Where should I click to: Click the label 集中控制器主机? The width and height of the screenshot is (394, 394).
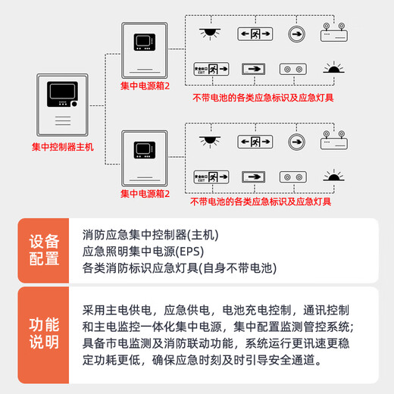pyautogui.click(x=63, y=146)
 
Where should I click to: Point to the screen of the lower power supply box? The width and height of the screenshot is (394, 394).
pyautogui.click(x=145, y=148)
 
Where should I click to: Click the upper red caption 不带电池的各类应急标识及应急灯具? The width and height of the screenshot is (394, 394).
pyautogui.click(x=263, y=97)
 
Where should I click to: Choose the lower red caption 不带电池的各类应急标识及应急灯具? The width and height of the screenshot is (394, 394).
pyautogui.click(x=263, y=202)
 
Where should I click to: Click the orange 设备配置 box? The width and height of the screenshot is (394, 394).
pyautogui.click(x=44, y=250)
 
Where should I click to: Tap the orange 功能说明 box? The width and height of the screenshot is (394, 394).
pyautogui.click(x=44, y=333)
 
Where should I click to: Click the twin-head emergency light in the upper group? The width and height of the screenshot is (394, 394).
pyautogui.click(x=333, y=34)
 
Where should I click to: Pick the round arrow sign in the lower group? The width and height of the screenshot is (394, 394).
pyautogui.click(x=295, y=140)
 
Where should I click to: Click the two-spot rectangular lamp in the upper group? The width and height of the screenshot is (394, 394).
pyautogui.click(x=294, y=69)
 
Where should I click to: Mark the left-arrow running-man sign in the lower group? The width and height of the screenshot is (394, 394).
pyautogui.click(x=254, y=140)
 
